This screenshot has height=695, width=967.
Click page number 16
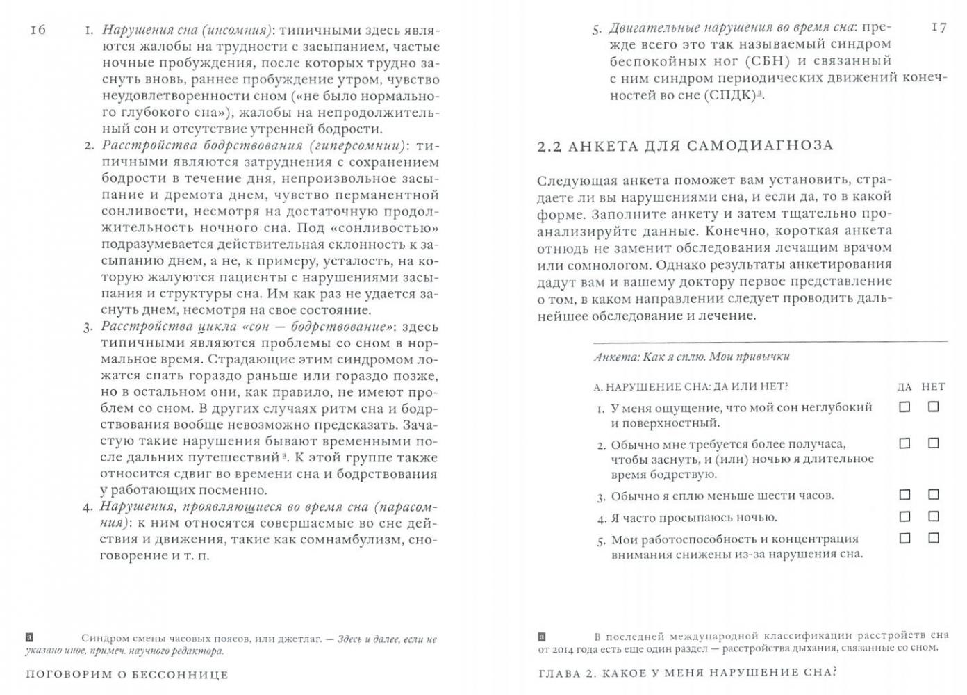tap(38, 29)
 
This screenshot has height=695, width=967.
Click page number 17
tap(938, 27)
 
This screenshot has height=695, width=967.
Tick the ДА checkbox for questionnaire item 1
tap(904, 407)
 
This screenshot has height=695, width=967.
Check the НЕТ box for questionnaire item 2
tap(933, 443)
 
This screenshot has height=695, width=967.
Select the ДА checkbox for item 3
tap(904, 495)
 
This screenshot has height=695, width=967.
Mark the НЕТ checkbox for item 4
tap(933, 516)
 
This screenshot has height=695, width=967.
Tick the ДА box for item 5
tap(904, 538)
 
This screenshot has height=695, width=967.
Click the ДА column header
tap(904, 386)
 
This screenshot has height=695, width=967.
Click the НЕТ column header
tap(933, 386)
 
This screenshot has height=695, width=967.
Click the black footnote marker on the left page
tap(28, 637)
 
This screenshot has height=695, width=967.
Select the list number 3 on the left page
tap(88, 327)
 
